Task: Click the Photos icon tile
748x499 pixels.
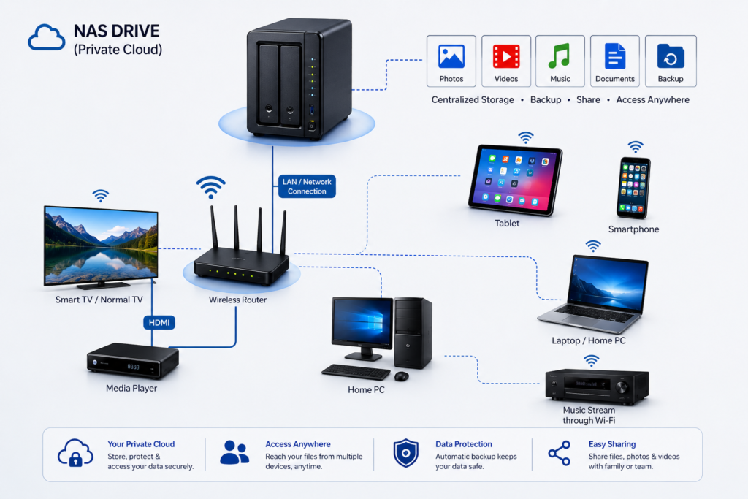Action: tap(451, 61)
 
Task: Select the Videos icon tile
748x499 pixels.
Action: tap(506, 61)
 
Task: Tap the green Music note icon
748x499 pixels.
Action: tap(560, 56)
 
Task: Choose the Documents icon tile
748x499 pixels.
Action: tap(615, 61)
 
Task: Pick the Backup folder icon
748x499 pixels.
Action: tap(671, 56)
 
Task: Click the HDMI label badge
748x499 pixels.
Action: tap(159, 322)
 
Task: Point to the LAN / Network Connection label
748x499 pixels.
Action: tap(307, 186)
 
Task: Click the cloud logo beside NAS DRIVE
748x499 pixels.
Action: tap(46, 37)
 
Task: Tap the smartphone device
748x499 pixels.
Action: tap(634, 188)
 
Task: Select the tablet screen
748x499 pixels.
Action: tap(516, 180)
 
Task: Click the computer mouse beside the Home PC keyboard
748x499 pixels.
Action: tap(402, 376)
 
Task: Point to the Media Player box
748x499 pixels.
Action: tap(133, 361)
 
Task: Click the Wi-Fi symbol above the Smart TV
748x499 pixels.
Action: tap(101, 196)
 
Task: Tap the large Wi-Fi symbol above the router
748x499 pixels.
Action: tap(210, 188)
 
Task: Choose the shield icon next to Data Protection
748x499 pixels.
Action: tap(406, 453)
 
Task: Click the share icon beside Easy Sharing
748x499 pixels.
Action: tap(559, 453)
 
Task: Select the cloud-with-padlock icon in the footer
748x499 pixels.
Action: tap(75, 453)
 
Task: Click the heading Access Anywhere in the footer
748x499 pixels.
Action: tap(298, 444)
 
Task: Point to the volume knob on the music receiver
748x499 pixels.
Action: tap(622, 387)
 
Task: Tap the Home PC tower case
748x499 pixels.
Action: tap(413, 333)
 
